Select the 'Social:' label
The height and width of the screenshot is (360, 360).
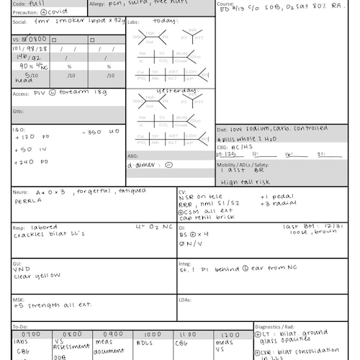tap(20, 22)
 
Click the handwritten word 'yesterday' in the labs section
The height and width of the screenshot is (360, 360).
tap(174, 90)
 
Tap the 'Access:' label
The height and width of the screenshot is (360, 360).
tap(21, 94)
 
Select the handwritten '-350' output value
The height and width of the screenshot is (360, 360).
tap(92, 132)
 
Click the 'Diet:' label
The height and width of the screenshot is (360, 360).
tap(222, 130)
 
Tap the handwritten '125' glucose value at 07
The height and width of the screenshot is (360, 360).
tap(230, 154)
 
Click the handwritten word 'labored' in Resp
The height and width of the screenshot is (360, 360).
tap(41, 227)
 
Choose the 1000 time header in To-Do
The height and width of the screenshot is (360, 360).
tap(153, 335)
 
